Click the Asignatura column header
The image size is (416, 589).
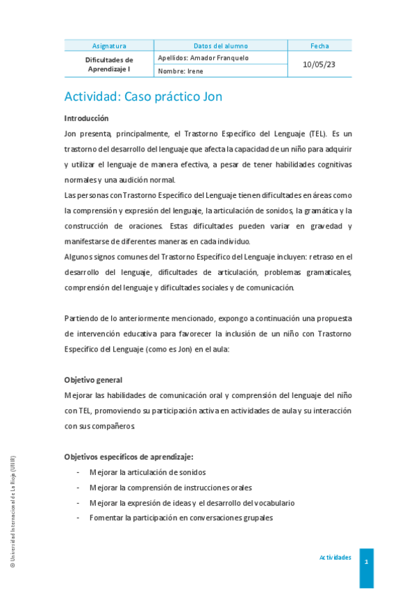click(x=109, y=46)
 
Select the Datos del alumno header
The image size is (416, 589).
click(x=220, y=46)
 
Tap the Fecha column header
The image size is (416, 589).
click(x=319, y=46)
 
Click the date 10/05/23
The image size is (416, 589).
click(x=319, y=64)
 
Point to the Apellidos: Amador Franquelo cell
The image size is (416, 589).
click(x=203, y=58)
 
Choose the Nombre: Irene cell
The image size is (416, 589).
click(x=181, y=71)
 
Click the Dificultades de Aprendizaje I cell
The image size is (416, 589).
click(x=109, y=65)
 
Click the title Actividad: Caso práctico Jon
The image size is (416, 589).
click(x=143, y=97)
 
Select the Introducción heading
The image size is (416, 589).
click(x=87, y=119)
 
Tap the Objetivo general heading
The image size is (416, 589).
click(x=93, y=380)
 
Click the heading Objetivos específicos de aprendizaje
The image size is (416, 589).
click(x=128, y=456)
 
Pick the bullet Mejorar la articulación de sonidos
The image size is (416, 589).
click(x=147, y=472)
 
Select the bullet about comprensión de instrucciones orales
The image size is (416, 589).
click(x=170, y=488)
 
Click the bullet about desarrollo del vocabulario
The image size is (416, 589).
click(x=192, y=503)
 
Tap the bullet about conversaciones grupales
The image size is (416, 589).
click(x=181, y=518)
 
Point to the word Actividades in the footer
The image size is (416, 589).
click(x=335, y=557)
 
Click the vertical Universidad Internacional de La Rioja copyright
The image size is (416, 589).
click(x=12, y=513)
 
